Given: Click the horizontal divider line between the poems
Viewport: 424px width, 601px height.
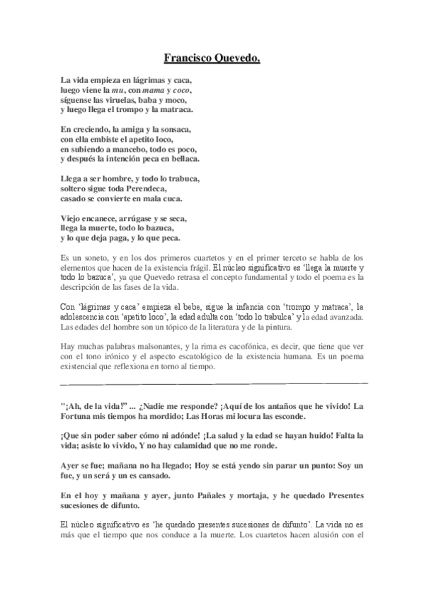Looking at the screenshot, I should pos(212,383).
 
